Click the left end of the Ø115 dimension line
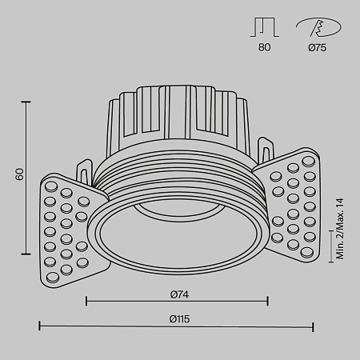[x=39, y=326]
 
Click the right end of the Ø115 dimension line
[x=313, y=326]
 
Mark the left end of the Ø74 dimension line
[x=86, y=302]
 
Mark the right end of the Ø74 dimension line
[x=267, y=302]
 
